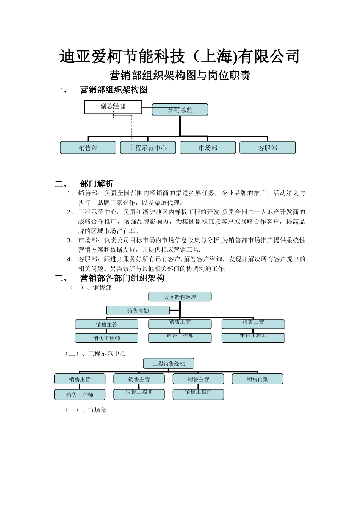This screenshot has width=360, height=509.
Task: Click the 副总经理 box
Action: [x=113, y=107]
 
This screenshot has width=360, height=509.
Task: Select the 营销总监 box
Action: [x=180, y=110]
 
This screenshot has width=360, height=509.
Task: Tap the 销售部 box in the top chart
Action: [x=88, y=148]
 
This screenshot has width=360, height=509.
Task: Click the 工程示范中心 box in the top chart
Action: [x=148, y=148]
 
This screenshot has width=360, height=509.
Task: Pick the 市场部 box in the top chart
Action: [x=208, y=148]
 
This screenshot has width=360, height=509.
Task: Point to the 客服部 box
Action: [x=268, y=148]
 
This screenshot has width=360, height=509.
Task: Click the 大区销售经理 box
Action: [x=180, y=297]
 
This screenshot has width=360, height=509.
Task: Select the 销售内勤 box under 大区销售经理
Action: [x=138, y=311]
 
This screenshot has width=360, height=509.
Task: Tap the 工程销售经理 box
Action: [x=169, y=364]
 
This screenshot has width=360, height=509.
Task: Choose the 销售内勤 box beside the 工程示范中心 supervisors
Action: [x=258, y=379]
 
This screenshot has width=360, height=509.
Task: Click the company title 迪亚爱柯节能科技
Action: [x=180, y=57]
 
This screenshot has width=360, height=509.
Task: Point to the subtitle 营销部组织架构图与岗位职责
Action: [x=180, y=76]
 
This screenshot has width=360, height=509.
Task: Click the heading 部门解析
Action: [x=97, y=184]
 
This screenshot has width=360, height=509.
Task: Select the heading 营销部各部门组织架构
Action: [x=122, y=278]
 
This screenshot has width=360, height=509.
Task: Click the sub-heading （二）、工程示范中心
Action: [x=95, y=354]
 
